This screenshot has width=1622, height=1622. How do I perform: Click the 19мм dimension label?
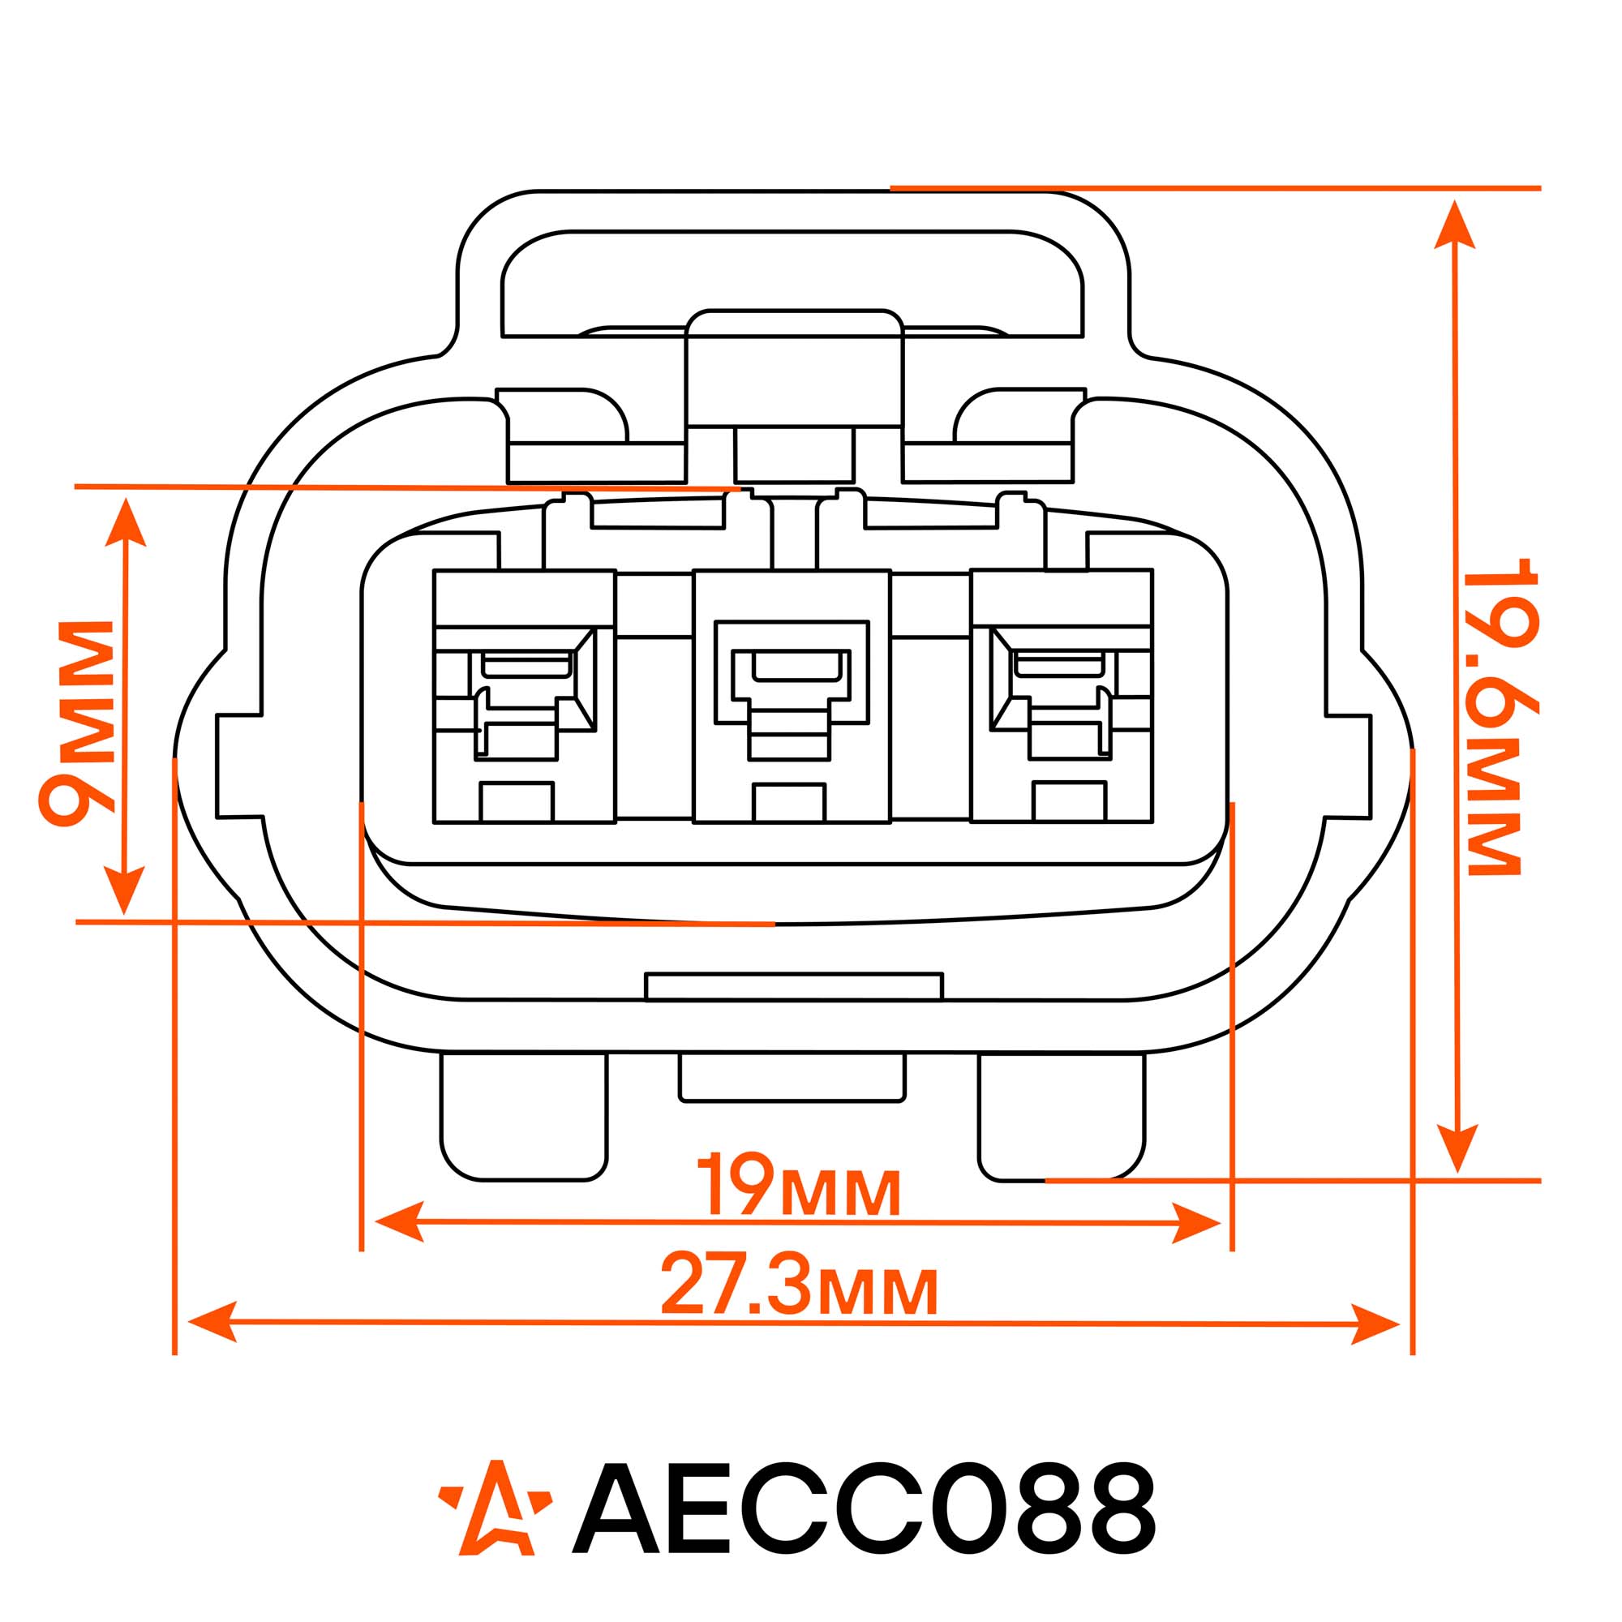798,1185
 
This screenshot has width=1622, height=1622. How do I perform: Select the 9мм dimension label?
76,723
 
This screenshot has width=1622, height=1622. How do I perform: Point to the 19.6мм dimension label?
1502,718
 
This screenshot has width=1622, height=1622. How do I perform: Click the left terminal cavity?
525,697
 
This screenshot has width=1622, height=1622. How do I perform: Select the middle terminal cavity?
792,697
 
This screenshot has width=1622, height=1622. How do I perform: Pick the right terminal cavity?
1062,696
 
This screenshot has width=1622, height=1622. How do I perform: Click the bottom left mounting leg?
524,1117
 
